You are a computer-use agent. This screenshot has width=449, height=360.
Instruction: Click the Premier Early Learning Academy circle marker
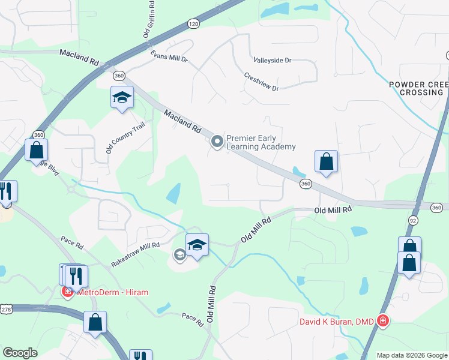point(216,142)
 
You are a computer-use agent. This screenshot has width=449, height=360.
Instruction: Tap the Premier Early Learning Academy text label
point(261,142)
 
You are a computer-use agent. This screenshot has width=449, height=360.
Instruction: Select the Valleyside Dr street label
point(272,61)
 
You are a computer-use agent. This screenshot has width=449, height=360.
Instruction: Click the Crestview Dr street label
point(262,83)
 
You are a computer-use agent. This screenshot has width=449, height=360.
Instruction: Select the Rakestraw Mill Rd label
point(136,254)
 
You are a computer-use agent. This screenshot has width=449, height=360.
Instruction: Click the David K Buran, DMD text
point(337,322)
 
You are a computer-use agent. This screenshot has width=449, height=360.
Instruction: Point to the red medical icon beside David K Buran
point(382,322)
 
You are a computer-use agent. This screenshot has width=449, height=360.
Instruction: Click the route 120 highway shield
point(193,23)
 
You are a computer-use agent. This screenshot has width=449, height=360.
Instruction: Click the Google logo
point(20,353)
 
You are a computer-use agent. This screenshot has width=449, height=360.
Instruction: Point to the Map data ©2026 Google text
point(411,355)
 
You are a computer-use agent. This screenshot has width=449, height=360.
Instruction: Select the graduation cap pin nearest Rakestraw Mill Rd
point(197,245)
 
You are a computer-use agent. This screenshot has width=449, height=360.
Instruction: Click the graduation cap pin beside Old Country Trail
point(122,98)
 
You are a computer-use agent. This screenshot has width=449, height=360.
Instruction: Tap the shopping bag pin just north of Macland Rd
point(326,161)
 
